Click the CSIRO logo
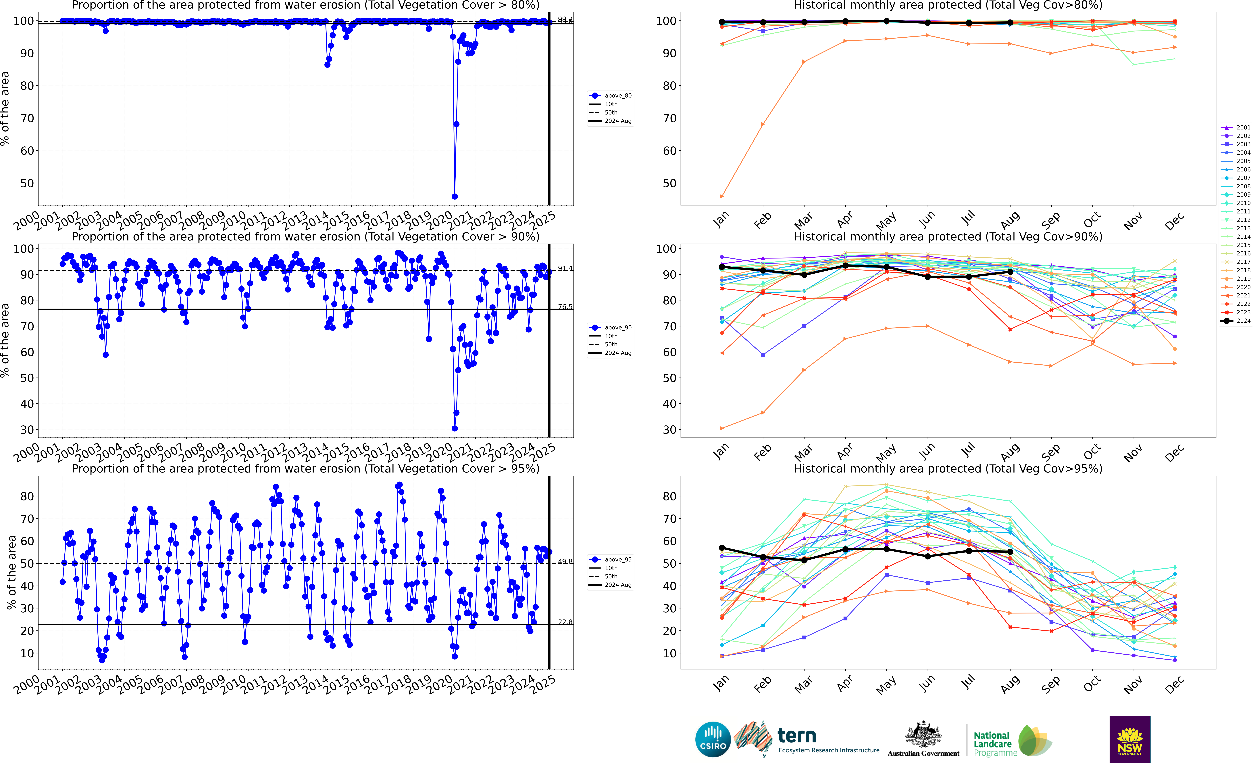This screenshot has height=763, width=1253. click(713, 739)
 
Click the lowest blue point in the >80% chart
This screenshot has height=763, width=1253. click(455, 196)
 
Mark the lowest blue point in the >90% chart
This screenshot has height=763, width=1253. click(455, 428)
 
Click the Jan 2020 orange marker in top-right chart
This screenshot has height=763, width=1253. click(722, 196)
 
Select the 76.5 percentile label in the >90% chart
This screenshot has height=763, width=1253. click(565, 307)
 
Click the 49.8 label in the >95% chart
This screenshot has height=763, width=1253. click(565, 562)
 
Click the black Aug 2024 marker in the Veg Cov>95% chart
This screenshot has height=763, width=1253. click(1010, 552)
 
